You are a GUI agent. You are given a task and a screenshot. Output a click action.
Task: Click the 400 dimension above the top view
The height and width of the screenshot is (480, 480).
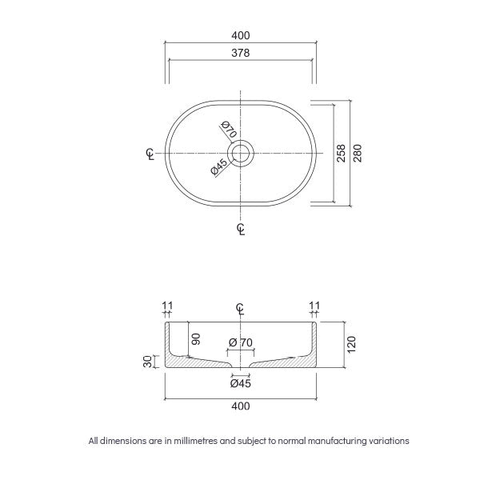point(241,35)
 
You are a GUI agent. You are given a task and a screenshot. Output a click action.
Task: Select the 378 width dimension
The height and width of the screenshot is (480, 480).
point(241,54)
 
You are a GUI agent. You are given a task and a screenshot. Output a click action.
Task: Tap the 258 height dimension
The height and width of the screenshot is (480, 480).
point(341,152)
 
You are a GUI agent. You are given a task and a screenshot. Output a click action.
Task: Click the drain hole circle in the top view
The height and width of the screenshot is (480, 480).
point(241,152)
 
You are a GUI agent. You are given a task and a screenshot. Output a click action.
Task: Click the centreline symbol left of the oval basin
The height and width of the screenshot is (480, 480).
point(150,153)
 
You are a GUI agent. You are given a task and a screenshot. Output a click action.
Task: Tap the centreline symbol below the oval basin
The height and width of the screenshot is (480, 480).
point(241,230)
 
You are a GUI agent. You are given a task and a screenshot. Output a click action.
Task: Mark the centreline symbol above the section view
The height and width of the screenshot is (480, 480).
point(241,310)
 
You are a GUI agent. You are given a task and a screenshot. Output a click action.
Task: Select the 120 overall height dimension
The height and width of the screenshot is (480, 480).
point(351,346)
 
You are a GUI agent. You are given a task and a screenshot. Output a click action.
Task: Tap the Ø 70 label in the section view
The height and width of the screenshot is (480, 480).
point(241,342)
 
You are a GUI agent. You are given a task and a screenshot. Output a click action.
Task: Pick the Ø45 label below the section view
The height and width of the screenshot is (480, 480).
point(241,383)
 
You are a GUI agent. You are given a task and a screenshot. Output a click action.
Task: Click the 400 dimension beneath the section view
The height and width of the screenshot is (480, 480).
point(241,406)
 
